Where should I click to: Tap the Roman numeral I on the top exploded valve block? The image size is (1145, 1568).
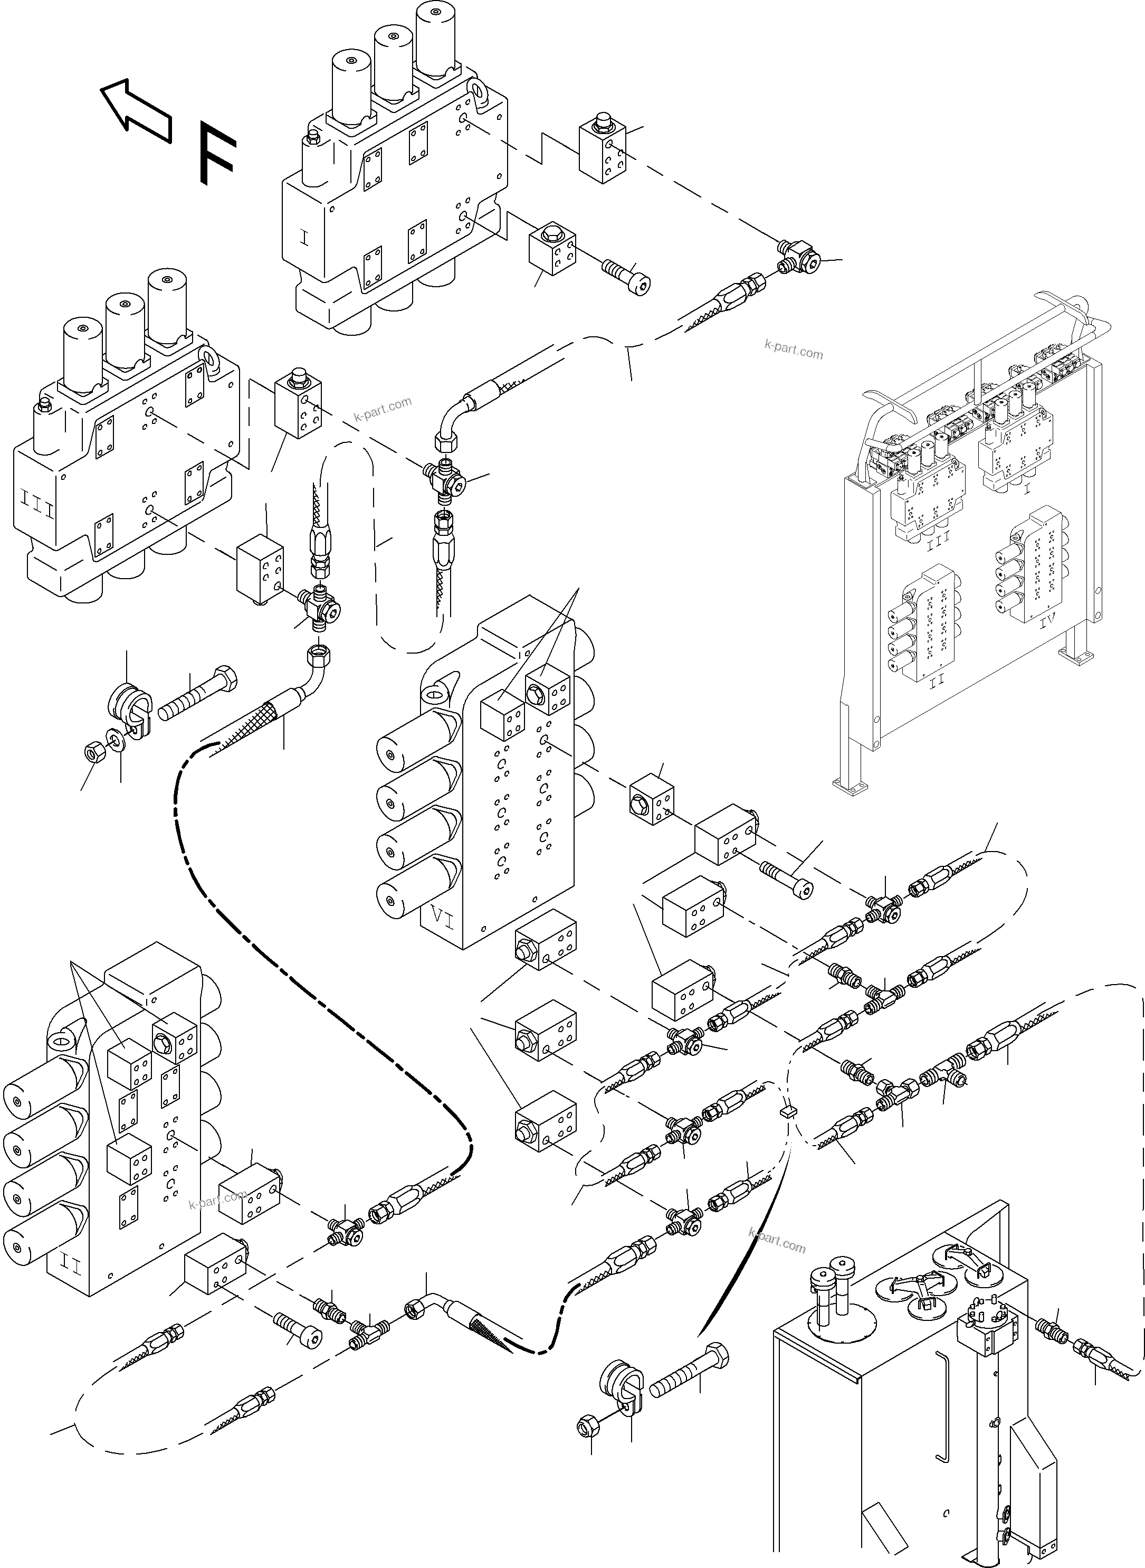click(305, 238)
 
